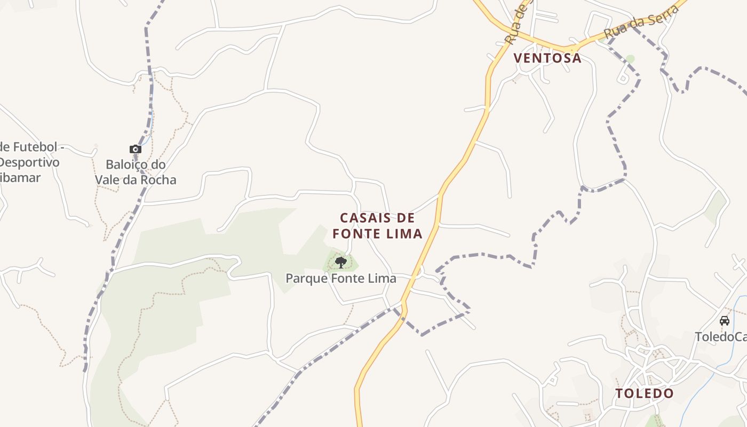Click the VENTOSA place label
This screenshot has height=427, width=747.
coord(547,58)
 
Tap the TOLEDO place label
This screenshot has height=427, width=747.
coord(645,393)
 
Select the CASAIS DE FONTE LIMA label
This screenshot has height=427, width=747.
coord(377,226)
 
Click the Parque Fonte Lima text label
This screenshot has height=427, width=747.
coord(341,278)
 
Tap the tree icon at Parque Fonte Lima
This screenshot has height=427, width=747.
coord(341,262)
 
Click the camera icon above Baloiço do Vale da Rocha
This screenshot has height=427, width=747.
coord(136,149)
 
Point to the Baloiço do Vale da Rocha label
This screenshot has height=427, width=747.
coord(136,172)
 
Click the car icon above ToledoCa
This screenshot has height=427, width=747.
coord(725,321)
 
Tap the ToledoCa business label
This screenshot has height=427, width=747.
coord(720,337)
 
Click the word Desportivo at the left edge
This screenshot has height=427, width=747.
coord(29,162)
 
